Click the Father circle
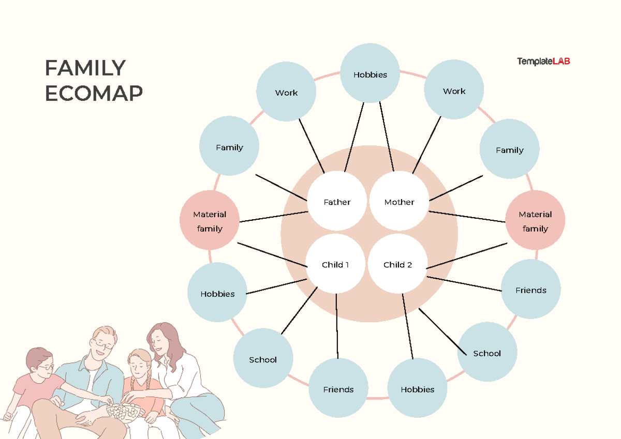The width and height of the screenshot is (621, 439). (x=337, y=202)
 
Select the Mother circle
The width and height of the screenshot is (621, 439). (x=399, y=202)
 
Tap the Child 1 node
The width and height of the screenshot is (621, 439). (x=335, y=265)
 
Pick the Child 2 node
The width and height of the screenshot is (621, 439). (x=397, y=265)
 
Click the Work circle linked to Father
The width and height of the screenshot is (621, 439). (x=286, y=93)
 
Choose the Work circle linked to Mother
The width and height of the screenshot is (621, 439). (x=454, y=91)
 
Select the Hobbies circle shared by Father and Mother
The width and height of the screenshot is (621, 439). (x=370, y=74)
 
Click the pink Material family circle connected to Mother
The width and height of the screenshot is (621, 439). (x=535, y=221)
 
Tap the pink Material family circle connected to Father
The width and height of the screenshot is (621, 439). (x=210, y=221)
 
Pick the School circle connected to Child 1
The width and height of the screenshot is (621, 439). (x=263, y=359)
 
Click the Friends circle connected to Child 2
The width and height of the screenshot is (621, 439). (x=530, y=290)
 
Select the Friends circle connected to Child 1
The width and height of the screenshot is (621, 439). (x=338, y=389)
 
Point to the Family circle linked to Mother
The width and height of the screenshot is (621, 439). (x=509, y=150)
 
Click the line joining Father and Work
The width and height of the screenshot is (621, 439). (x=312, y=146)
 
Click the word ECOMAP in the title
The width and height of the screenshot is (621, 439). (x=94, y=94)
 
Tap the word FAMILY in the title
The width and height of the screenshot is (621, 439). (x=85, y=68)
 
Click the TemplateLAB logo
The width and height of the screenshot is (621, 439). (x=543, y=62)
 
